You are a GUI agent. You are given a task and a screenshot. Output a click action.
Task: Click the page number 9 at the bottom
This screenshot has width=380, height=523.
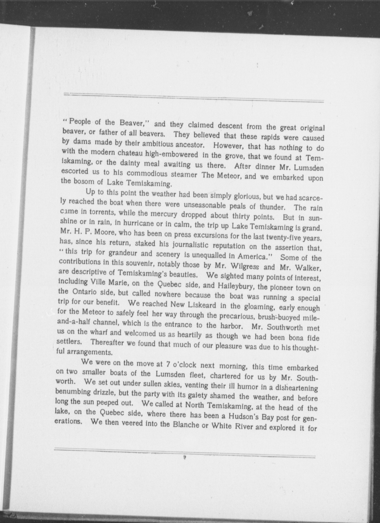tap(184, 458)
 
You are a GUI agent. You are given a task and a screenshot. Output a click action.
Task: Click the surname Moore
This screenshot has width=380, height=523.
tap(104, 232)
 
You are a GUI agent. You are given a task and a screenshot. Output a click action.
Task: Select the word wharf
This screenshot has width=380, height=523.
tap(94, 332)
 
